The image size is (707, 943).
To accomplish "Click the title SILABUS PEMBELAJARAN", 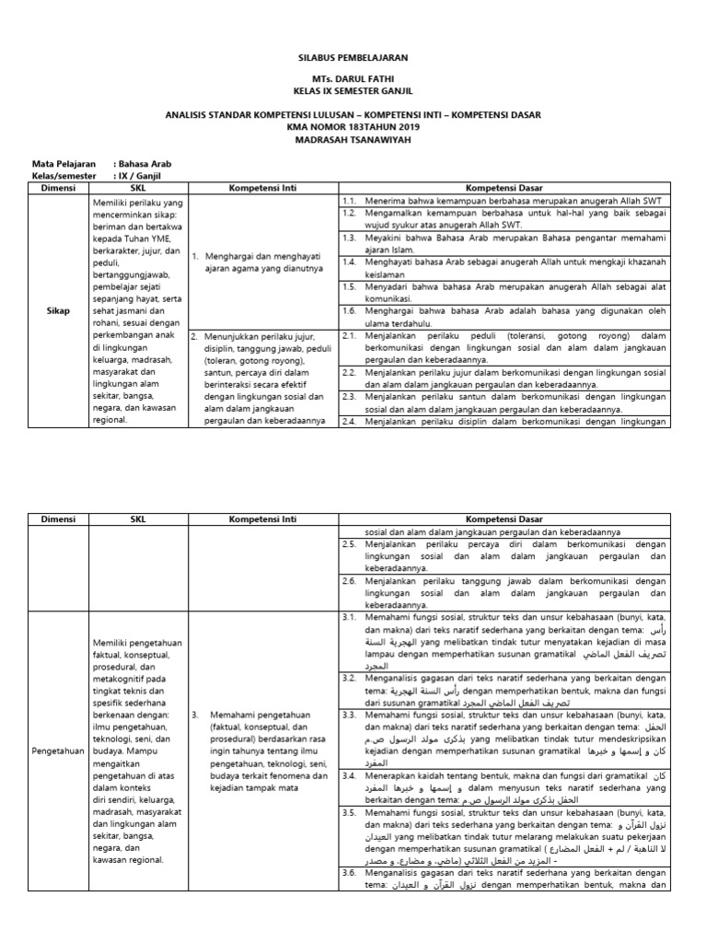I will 353,57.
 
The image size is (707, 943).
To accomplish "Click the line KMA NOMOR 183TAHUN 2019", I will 353,126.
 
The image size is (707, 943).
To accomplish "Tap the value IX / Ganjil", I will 139,175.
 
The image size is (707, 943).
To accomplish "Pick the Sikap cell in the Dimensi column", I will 58,311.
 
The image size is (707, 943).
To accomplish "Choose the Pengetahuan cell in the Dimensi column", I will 58,751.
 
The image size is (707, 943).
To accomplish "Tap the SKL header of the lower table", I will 138,519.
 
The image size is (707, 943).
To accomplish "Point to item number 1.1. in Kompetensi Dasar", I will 349,200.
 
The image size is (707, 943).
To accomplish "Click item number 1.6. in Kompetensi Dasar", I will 349,310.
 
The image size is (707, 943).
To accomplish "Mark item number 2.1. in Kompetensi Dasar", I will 349,336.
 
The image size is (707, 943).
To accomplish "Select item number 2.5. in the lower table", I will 349,544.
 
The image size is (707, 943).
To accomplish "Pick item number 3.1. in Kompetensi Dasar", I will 349,614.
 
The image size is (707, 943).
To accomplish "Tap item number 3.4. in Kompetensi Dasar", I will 349,776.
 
